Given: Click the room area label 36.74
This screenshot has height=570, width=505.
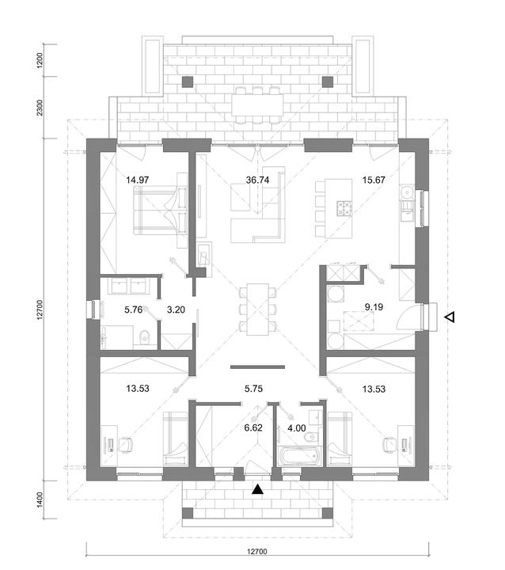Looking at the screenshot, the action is coord(257,180).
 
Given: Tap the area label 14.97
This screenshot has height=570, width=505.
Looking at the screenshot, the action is coord(138,180).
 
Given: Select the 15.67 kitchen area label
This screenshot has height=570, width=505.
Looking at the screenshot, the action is coord(374,180).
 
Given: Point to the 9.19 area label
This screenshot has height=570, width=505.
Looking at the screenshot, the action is coord(374,307).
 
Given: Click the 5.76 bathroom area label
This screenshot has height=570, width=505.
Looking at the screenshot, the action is coord(134,310).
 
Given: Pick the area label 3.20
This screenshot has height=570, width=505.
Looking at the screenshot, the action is coord(176,310).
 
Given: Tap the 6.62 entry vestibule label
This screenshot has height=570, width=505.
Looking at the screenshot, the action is coord(253,427).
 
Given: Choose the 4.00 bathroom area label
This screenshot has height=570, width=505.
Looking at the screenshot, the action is coord(297,428).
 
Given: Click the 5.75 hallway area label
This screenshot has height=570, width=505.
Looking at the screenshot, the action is coord(253,389).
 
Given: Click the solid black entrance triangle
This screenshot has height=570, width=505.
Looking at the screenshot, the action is coord(258,490).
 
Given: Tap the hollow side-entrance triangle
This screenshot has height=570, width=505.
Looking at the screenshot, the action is coord(450,317).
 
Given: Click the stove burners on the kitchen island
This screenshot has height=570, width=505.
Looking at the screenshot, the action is coord(344,209).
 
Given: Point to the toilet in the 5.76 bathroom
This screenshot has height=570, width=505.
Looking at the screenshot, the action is coord(144,336).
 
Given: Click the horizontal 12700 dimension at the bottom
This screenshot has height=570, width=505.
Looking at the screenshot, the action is coord(257,552).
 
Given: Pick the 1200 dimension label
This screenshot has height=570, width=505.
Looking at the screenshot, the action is coord(40,60).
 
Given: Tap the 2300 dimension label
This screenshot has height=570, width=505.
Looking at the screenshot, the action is coord(40,108).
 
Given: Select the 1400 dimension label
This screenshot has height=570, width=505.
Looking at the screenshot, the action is coord(40,500).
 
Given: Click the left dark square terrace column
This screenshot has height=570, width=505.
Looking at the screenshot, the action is coord(188,82).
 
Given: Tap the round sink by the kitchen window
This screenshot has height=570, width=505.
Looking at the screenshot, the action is coord(406,192).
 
